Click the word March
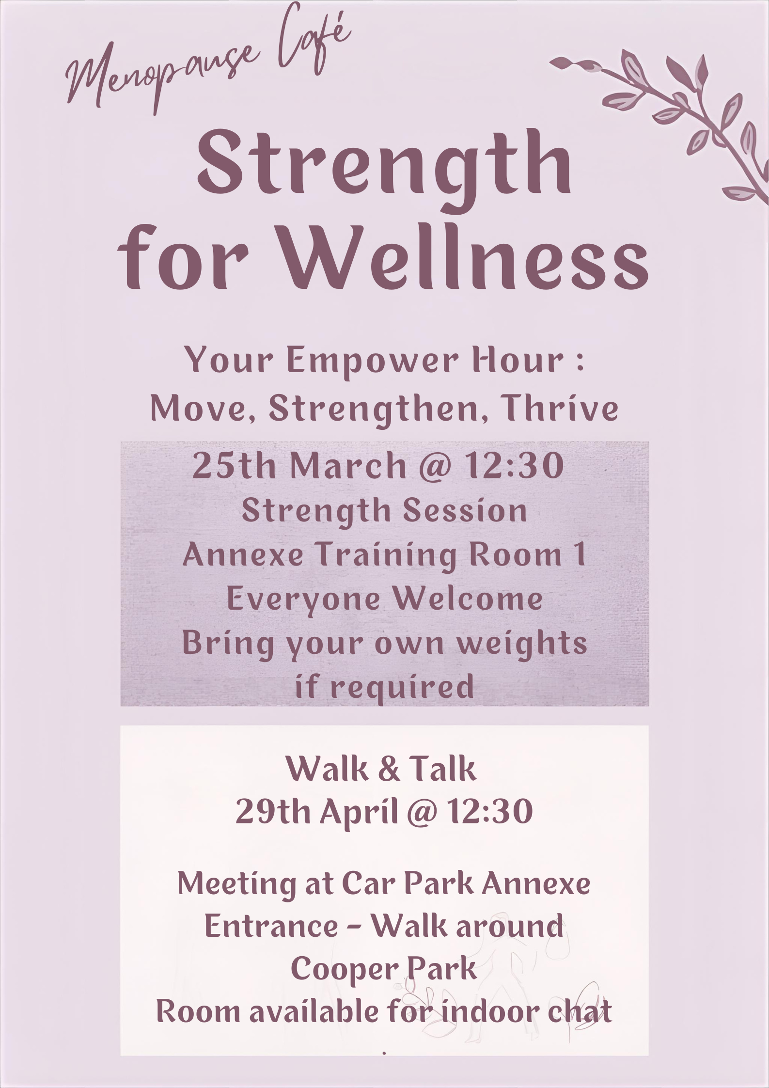tap(348, 466)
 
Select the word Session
tap(465, 511)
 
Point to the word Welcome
tap(468, 599)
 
